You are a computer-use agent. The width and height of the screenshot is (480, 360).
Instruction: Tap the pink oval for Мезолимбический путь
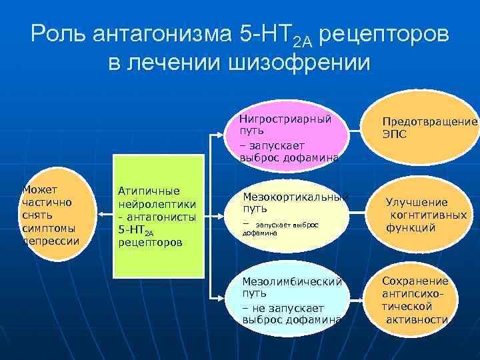point(293,296)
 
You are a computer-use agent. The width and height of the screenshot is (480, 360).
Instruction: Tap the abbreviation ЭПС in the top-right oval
point(395,135)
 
